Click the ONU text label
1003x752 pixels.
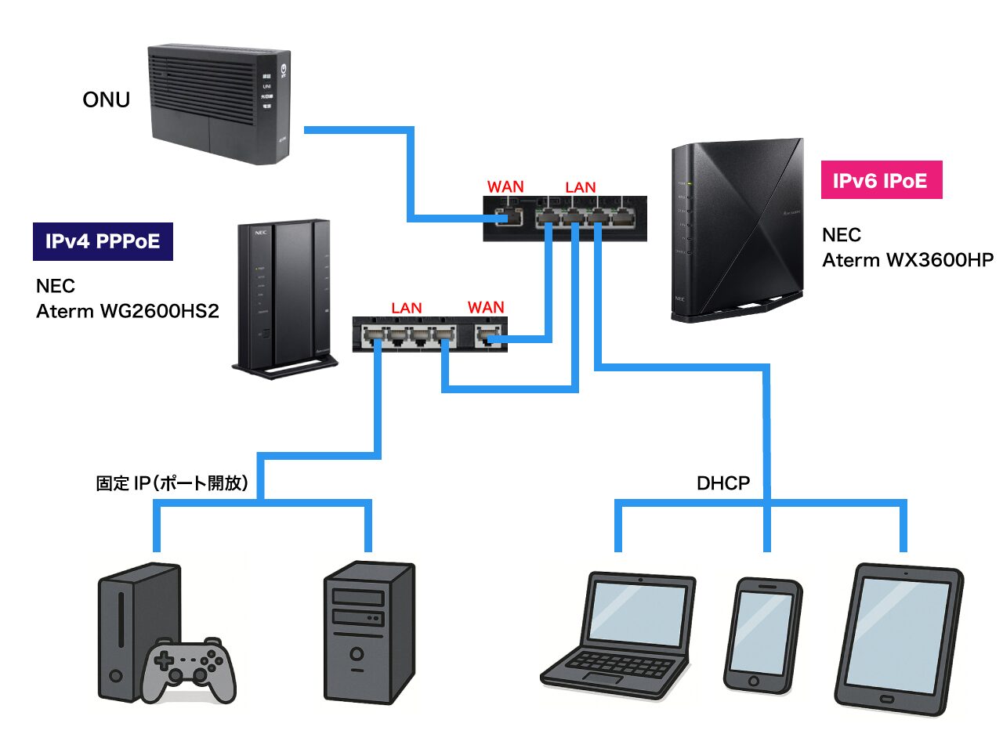(x=106, y=99)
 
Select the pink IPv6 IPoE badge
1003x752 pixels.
(x=881, y=180)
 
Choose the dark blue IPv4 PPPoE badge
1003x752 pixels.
(x=103, y=241)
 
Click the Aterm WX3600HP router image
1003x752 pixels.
(x=737, y=230)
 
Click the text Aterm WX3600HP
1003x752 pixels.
(x=907, y=260)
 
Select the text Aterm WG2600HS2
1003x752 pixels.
(x=127, y=311)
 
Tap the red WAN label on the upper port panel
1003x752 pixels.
(x=505, y=186)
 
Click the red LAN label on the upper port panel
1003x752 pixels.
(x=580, y=187)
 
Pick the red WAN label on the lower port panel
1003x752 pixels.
(x=486, y=307)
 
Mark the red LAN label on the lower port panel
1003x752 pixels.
(x=406, y=308)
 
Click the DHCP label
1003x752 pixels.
(x=722, y=483)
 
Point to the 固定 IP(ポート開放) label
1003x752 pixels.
(x=172, y=483)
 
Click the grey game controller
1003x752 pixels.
(x=188, y=668)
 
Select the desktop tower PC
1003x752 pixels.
(x=368, y=631)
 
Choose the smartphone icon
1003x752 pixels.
(x=762, y=635)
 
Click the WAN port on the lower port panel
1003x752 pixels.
(x=489, y=337)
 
